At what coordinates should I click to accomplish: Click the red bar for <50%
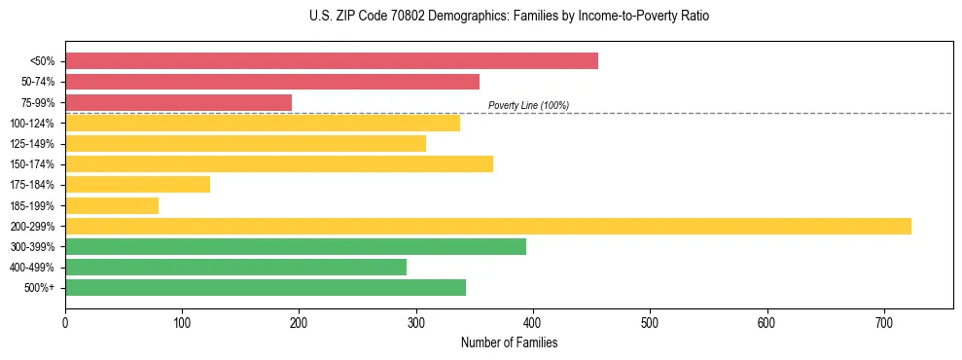click(332, 61)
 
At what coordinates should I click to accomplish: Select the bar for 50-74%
click(272, 82)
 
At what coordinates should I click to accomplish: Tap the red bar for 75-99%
click(178, 102)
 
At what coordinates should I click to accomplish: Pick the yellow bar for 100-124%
click(263, 123)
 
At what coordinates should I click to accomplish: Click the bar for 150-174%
click(279, 163)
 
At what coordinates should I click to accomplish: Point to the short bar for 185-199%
click(112, 205)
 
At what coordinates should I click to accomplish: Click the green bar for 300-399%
click(296, 246)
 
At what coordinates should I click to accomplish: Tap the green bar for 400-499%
click(235, 267)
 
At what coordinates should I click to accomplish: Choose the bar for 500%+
click(266, 287)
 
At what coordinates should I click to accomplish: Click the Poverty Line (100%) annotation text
click(528, 105)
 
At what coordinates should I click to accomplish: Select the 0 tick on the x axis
click(65, 323)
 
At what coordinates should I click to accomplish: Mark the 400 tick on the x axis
click(533, 323)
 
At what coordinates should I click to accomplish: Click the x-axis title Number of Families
click(509, 342)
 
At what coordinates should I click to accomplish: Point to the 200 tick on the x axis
click(299, 323)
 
